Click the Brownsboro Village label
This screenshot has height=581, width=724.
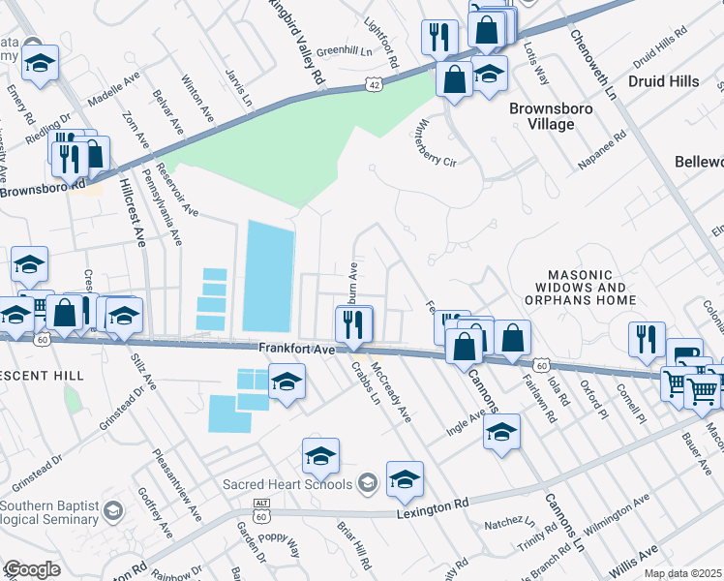click(x=551, y=117)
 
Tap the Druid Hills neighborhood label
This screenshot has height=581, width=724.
click(x=664, y=81)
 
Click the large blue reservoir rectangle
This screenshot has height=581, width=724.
click(x=268, y=275)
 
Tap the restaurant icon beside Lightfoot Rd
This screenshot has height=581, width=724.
click(x=439, y=38)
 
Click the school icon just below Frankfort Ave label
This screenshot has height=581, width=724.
click(x=287, y=382)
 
